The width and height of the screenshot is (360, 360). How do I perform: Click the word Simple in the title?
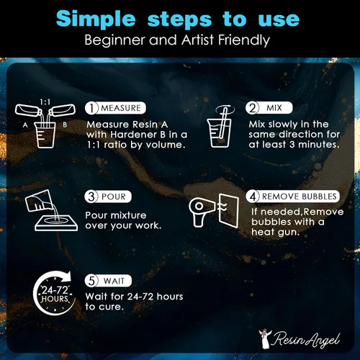coord(96,19)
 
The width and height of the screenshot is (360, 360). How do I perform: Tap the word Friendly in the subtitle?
coord(244,40)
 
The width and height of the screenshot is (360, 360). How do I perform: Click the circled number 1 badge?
coord(91,108)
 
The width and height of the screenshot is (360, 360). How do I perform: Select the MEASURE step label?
coord(121,108)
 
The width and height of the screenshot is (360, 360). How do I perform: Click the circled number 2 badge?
coord(252,108)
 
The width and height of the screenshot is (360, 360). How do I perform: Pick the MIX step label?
coord(274,108)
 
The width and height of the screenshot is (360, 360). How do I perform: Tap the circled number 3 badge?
coord(91,197)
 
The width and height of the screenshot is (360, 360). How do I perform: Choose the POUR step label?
coord(114,197)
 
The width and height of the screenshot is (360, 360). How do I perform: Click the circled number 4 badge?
coord(253,197)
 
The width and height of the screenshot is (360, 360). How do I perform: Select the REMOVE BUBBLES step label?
coord(300,197)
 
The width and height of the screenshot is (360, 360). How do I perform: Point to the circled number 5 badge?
coord(91,281)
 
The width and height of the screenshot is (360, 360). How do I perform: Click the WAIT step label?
coord(114,281)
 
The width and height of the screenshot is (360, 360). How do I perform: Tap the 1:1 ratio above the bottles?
coord(45,102)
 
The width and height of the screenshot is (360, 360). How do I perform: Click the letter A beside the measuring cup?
coord(25,125)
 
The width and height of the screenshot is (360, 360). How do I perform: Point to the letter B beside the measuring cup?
coord(65,125)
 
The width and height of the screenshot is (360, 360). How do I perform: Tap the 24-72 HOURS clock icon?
coord(54,293)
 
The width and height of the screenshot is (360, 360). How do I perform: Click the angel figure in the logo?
coord(265,339)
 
